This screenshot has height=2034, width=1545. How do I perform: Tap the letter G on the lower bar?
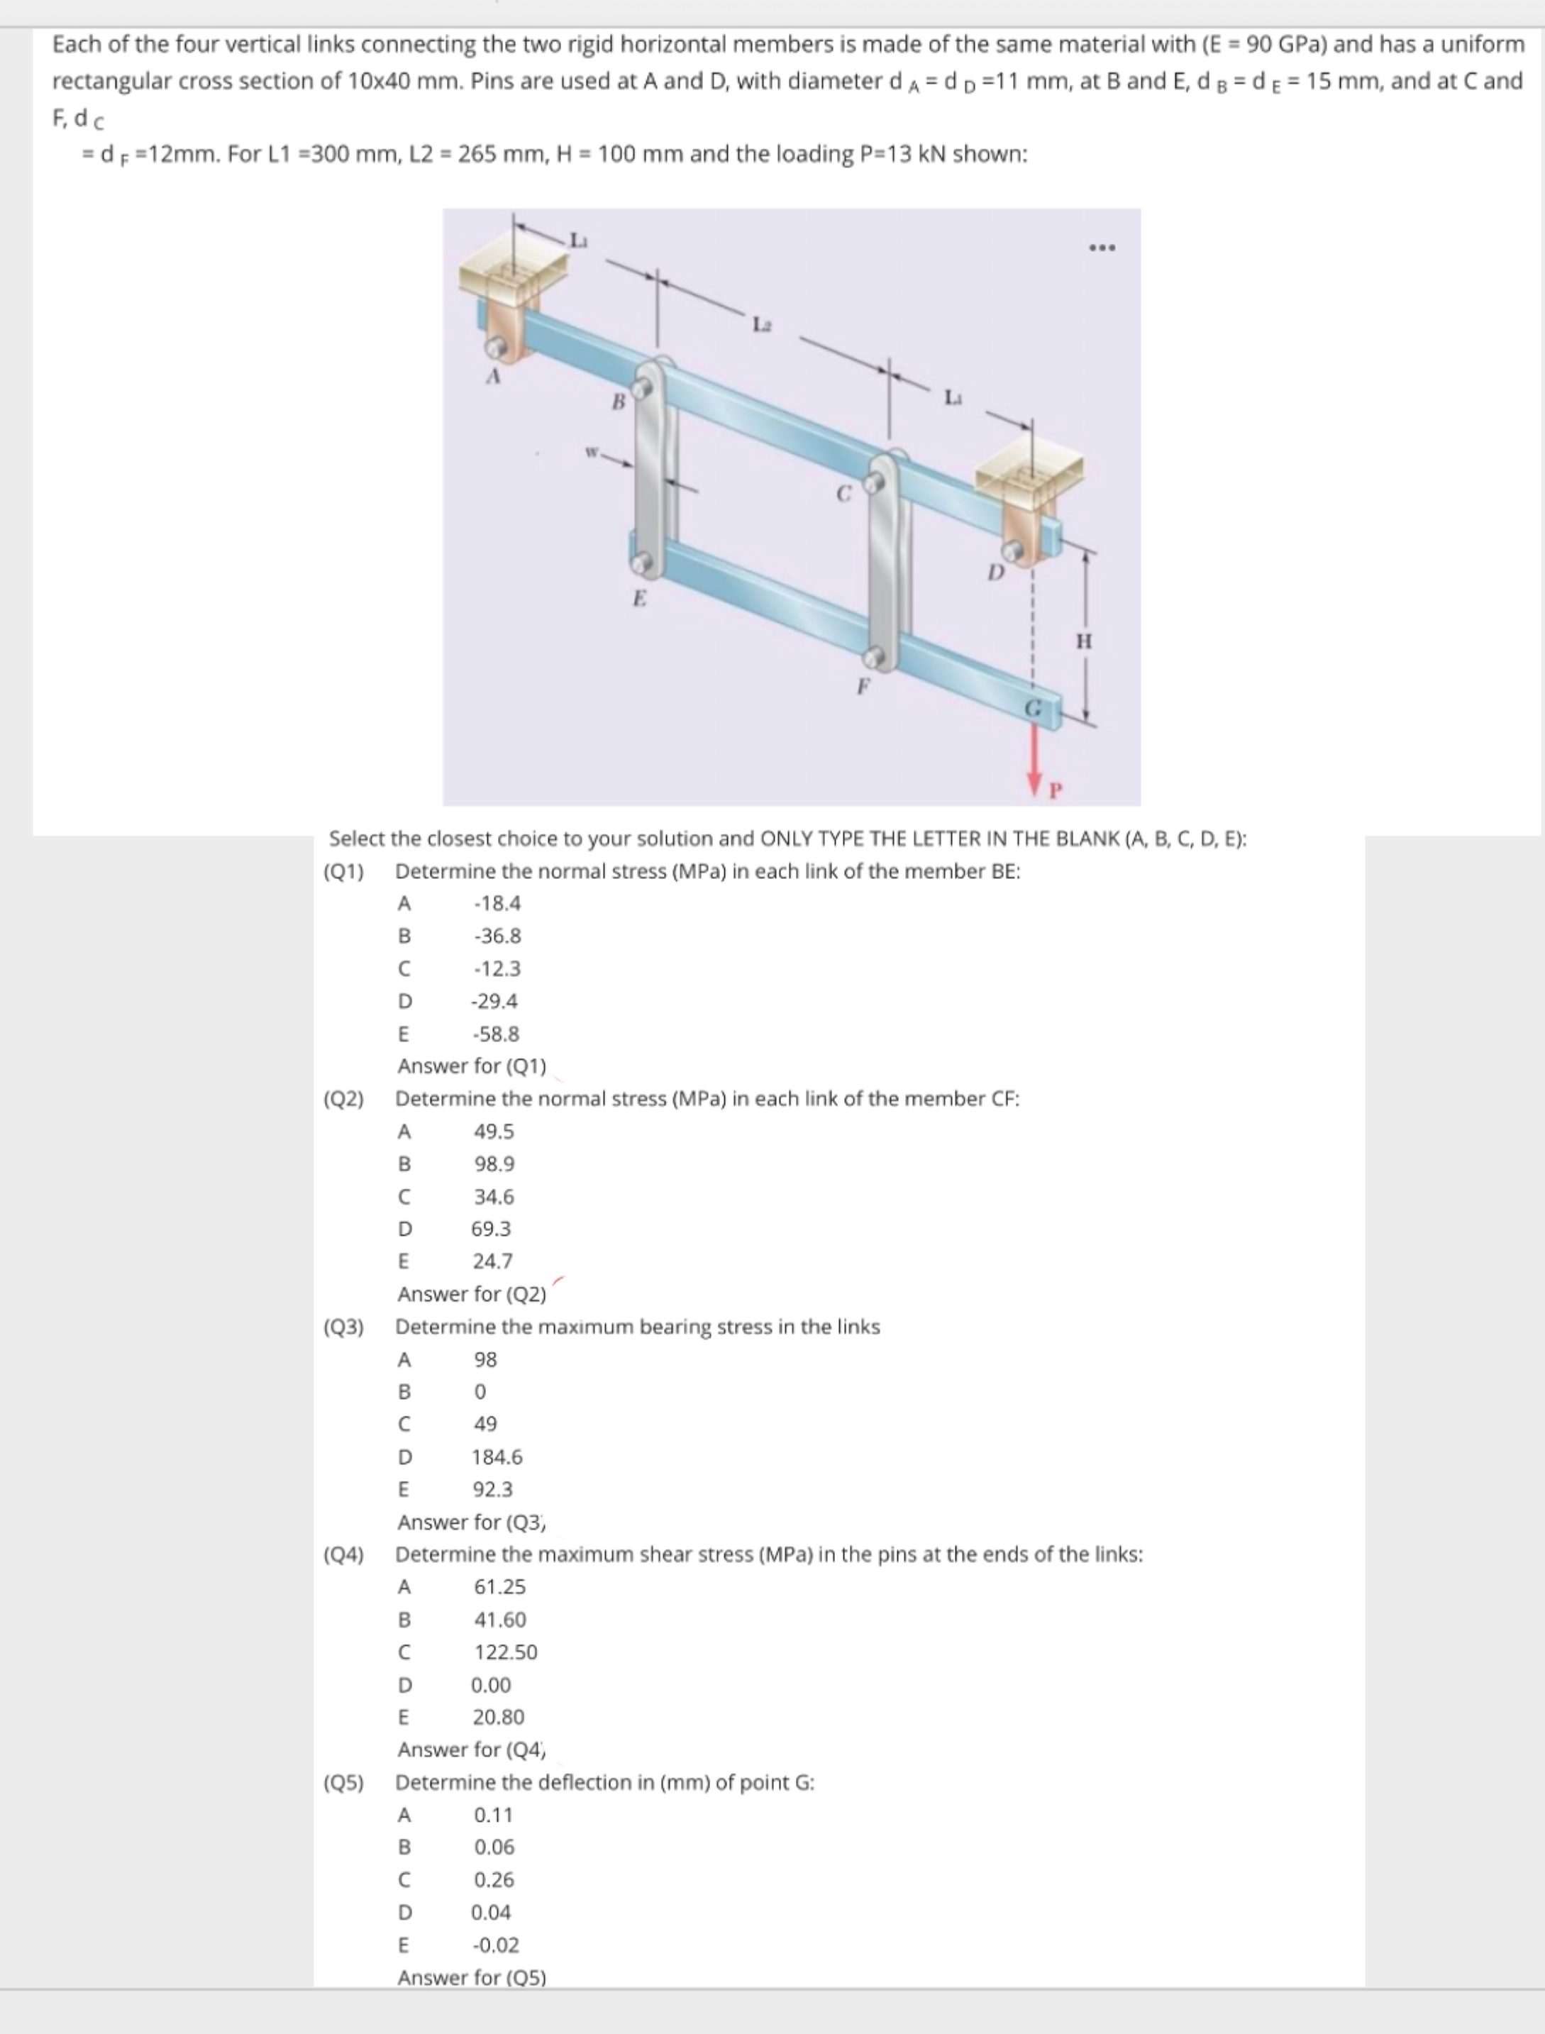[1034, 709]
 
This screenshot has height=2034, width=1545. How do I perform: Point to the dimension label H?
[1084, 641]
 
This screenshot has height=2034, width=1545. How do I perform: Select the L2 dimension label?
[761, 324]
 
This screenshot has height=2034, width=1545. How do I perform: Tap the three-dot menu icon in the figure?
[1101, 248]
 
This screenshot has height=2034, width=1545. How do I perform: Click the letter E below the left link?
[639, 599]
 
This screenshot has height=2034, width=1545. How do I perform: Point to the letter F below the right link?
[862, 686]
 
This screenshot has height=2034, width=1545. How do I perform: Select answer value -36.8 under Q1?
[497, 936]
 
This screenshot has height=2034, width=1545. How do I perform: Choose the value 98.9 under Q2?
[494, 1164]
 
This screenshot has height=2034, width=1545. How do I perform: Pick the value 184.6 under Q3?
[497, 1457]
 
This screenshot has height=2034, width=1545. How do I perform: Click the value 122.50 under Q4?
[505, 1652]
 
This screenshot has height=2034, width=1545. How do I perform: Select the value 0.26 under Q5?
[494, 1879]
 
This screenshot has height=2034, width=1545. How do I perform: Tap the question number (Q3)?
[343, 1327]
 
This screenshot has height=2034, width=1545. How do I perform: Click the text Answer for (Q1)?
[472, 1066]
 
